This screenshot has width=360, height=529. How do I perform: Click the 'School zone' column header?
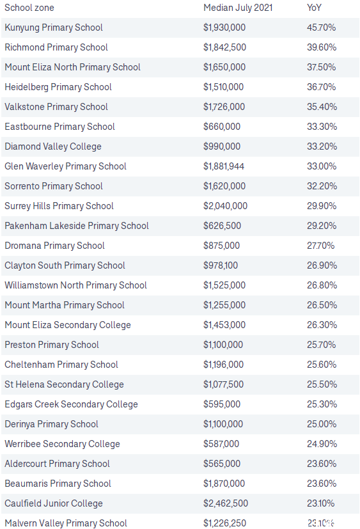(x=29, y=8)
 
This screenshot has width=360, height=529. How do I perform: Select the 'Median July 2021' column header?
(x=238, y=8)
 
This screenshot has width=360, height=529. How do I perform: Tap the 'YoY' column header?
(x=314, y=8)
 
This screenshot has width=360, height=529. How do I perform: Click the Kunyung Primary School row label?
(x=54, y=28)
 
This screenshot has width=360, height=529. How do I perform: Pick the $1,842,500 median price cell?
(x=224, y=47)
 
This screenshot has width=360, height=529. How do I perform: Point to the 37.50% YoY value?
(x=322, y=67)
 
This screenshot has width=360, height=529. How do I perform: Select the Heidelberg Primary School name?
(x=58, y=87)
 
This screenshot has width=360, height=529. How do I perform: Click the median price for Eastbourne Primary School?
(x=222, y=127)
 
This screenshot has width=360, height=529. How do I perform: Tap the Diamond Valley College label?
(x=53, y=146)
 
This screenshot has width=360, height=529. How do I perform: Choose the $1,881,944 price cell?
(x=224, y=166)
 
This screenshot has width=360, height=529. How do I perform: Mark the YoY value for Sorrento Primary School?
(x=322, y=186)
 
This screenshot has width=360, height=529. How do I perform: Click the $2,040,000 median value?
(x=225, y=206)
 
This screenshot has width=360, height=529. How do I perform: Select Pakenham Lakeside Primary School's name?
(x=77, y=226)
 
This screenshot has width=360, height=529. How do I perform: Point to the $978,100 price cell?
(x=221, y=265)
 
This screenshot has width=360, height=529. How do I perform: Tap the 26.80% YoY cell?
(x=322, y=285)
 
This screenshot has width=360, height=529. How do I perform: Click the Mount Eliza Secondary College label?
(x=68, y=325)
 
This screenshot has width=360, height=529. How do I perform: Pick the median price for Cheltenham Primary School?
(x=223, y=365)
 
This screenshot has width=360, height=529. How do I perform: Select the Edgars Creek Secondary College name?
(x=71, y=404)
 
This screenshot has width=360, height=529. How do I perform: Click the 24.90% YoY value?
(x=322, y=444)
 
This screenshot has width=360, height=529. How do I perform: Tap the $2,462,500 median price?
(x=226, y=503)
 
